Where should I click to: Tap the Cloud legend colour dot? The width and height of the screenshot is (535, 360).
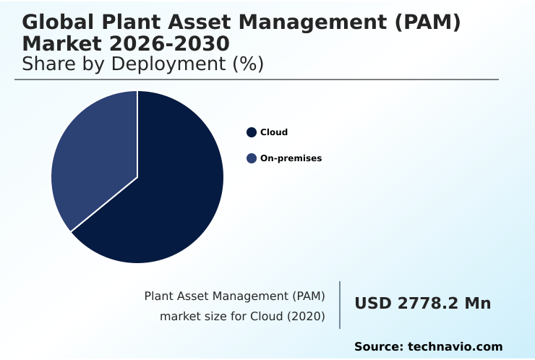click(252, 132)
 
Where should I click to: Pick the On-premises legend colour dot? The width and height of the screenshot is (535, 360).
click(252, 158)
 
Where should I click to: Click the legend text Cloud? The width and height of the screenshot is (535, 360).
click(274, 132)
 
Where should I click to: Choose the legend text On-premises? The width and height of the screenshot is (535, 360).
click(291, 158)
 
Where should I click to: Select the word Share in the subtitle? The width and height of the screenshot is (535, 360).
click(48, 64)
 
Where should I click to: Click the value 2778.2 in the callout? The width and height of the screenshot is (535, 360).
click(425, 304)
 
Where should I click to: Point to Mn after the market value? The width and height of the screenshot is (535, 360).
click(477, 304)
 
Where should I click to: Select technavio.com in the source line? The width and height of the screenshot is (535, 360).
click(455, 347)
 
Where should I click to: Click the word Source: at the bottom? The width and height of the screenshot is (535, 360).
click(378, 347)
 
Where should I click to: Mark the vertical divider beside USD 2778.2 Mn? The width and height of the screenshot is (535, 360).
click(340, 304)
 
